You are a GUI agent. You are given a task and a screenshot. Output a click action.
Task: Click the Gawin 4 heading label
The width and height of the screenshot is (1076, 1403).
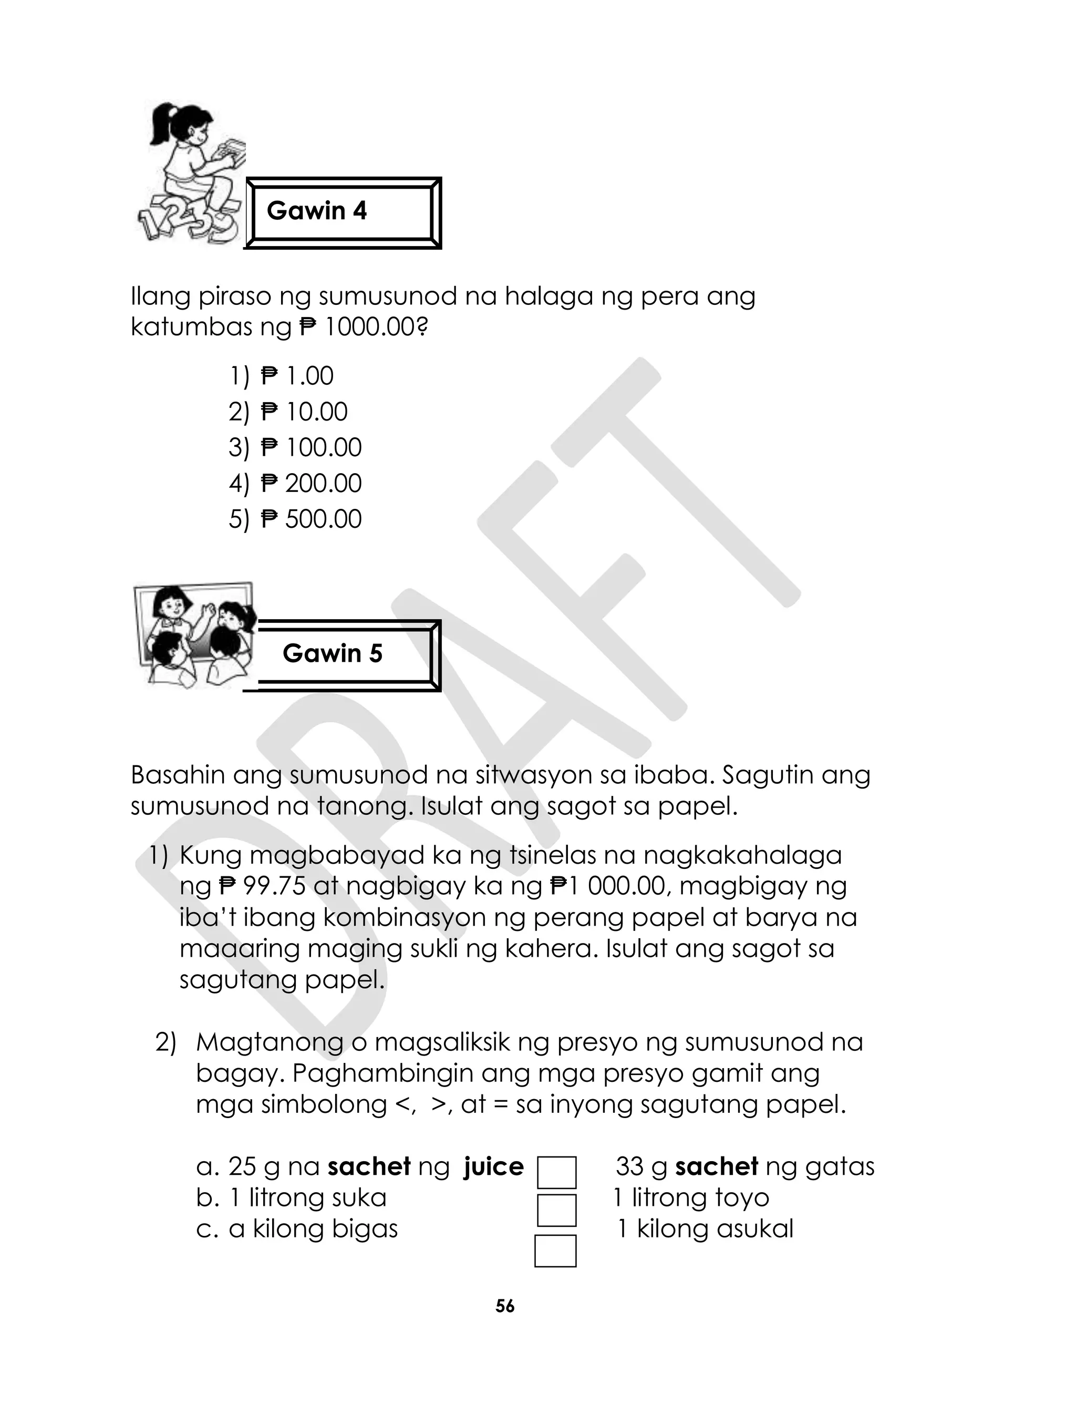[316, 211]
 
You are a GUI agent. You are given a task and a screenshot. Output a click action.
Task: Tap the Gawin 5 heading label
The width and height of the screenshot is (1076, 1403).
[333, 653]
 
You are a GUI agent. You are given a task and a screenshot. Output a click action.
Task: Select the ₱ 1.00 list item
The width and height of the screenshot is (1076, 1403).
[296, 376]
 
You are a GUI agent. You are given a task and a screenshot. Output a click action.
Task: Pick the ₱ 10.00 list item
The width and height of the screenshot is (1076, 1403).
[304, 412]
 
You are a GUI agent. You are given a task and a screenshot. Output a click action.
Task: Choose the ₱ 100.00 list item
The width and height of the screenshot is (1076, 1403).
[311, 448]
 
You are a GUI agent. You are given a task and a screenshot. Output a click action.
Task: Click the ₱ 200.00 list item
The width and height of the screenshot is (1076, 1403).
[311, 484]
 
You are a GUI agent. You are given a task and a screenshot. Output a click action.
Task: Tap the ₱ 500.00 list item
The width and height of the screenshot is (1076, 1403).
[311, 519]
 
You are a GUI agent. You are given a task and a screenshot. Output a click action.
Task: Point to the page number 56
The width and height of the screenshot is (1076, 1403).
[505, 1306]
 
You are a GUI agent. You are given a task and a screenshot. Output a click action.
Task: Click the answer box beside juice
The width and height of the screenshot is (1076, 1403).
[556, 1172]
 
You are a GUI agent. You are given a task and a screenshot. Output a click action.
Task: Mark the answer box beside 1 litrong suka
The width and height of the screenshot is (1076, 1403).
[556, 1210]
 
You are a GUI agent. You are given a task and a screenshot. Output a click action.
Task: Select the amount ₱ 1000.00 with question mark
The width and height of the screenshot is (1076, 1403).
[363, 328]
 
